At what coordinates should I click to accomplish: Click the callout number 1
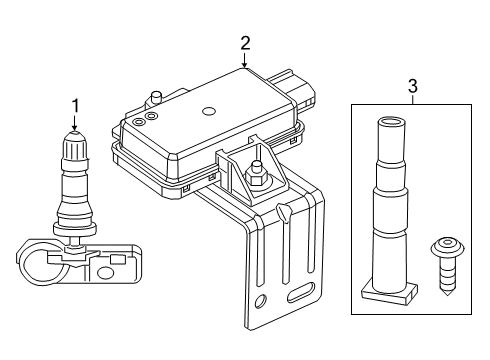click(x=73, y=103)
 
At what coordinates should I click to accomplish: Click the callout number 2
click(x=244, y=42)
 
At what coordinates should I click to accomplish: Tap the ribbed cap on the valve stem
click(x=73, y=149)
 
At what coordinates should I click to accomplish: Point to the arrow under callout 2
click(x=244, y=63)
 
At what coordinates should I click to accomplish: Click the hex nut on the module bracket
click(x=256, y=180)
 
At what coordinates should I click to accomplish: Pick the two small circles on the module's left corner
click(x=144, y=119)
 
